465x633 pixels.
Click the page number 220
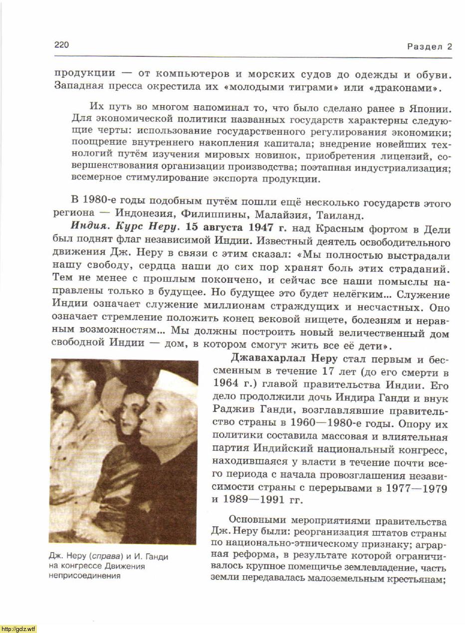(x=61, y=45)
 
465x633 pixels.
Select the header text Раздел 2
(x=429, y=47)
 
